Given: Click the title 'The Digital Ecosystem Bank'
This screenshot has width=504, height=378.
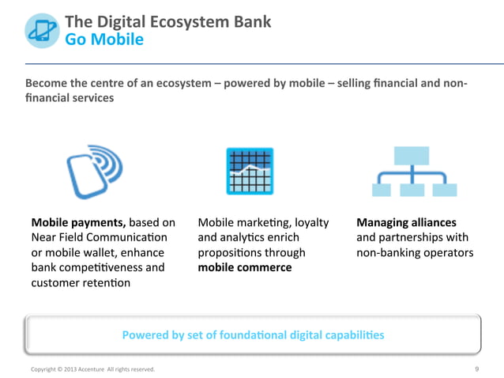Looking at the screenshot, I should (x=167, y=21).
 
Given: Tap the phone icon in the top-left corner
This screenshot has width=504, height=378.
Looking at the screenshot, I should (x=40, y=29).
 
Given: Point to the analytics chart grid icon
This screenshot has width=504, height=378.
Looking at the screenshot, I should (x=250, y=171).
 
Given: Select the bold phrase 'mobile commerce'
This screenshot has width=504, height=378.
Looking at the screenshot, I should (x=244, y=267).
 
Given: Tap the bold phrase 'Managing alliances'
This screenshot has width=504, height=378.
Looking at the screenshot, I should (x=406, y=223).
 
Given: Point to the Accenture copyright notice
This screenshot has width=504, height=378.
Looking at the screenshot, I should (x=92, y=369).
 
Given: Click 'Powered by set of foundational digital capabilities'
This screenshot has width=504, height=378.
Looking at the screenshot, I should (x=253, y=335).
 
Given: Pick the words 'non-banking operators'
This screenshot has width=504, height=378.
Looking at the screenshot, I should (x=415, y=253).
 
